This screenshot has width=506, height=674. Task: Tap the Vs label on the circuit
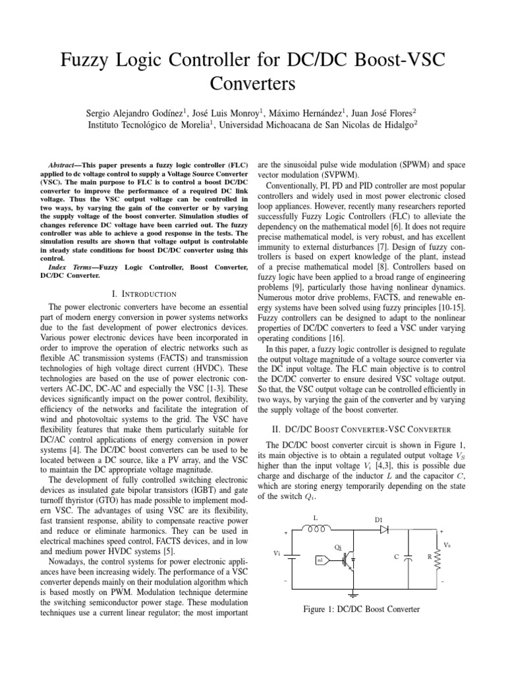(447, 545)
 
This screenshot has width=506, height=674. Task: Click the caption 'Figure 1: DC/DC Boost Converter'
(361, 609)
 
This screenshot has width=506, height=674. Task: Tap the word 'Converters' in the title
(252, 84)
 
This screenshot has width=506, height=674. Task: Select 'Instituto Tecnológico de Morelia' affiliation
(143, 125)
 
